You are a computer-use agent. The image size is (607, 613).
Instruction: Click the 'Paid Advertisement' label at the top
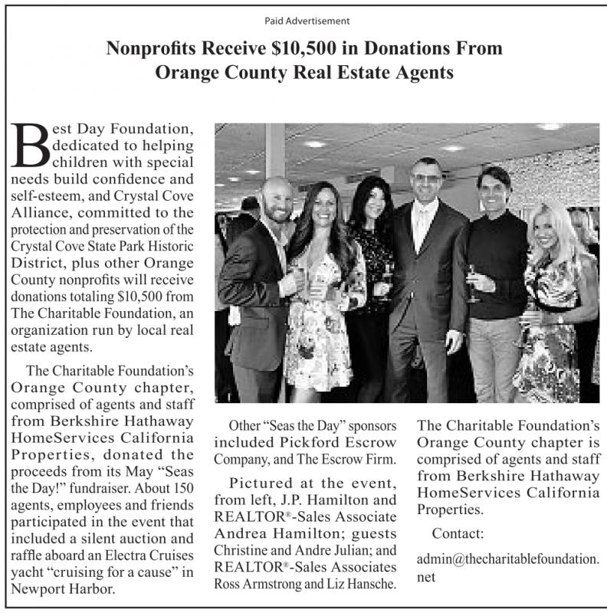tap(303, 19)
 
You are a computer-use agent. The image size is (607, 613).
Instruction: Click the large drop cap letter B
tap(29, 146)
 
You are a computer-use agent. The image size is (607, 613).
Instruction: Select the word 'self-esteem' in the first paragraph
tap(39, 196)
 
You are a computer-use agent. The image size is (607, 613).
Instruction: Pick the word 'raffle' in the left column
tap(28, 555)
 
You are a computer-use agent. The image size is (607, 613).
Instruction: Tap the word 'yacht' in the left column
tap(28, 572)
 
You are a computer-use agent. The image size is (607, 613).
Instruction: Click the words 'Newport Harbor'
tap(58, 588)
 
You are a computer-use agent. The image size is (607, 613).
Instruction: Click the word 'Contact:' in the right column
tap(458, 533)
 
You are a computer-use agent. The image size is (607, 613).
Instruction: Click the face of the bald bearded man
tap(275, 201)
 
